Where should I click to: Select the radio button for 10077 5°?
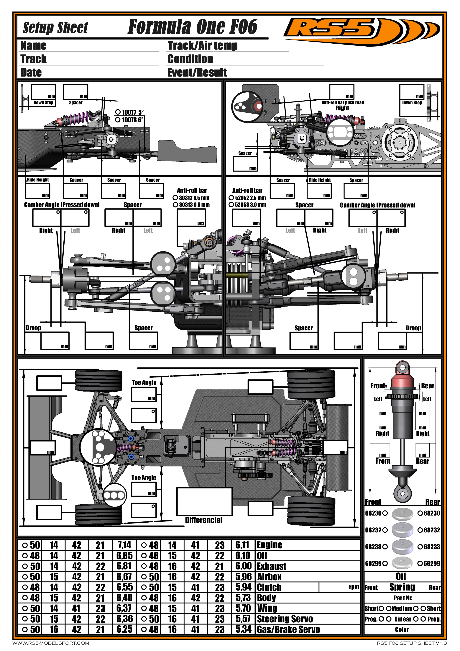(x=118, y=112)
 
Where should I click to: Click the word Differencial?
(x=204, y=520)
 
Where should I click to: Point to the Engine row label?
(x=270, y=545)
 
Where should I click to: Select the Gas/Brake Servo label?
(x=288, y=629)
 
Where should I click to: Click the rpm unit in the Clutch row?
(x=354, y=587)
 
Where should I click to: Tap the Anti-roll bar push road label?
(x=343, y=102)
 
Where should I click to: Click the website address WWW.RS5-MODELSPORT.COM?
(x=51, y=643)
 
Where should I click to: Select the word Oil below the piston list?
(x=401, y=576)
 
